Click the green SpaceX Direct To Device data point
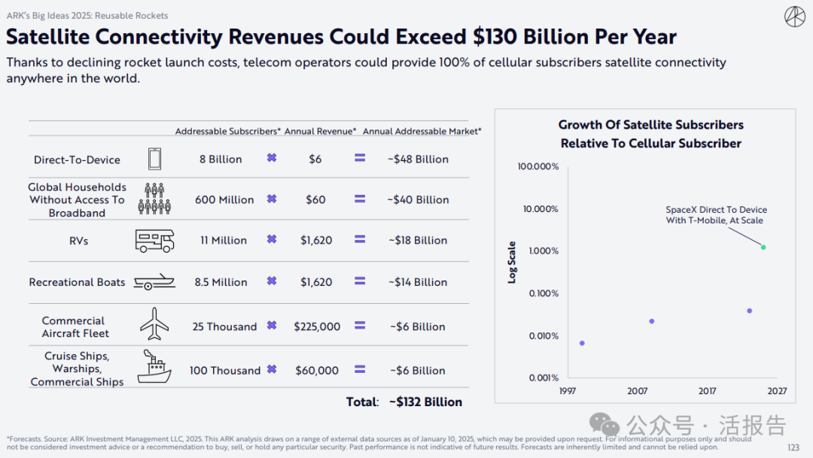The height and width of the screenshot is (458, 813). coord(763,247)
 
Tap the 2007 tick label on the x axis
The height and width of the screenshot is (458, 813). coord(638,391)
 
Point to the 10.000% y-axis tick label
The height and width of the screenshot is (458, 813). coord(538,208)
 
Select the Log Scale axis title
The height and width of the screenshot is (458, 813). coord(513,262)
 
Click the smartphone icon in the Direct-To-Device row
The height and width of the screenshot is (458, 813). coord(154,159)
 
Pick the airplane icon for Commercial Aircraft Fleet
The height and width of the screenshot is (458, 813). coord(154,324)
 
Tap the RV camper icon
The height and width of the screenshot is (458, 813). coord(154,241)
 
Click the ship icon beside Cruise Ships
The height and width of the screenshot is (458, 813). coord(154,367)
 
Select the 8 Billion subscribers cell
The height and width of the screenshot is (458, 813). coord(221,159)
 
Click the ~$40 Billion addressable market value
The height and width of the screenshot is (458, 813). coord(418,200)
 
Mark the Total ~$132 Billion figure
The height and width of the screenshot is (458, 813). coord(425,402)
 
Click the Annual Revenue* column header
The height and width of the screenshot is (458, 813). coord(320,132)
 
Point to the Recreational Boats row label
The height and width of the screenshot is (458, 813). coord(77,282)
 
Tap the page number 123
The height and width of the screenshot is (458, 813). coord(793,447)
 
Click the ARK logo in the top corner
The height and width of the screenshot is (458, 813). coord(794,17)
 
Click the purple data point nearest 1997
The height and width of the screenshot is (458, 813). coord(582,343)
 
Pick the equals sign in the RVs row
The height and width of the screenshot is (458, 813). coord(360,240)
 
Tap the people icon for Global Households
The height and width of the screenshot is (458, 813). coord(154,199)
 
